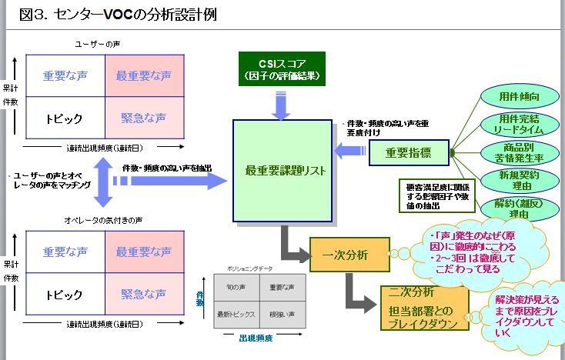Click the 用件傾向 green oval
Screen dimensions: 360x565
point(519,98)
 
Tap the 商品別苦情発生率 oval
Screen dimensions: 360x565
point(519,152)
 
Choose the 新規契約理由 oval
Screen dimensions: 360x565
point(519,181)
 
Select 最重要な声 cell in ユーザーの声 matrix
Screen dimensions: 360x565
point(144,76)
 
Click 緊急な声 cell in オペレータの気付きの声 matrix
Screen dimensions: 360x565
point(144,294)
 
